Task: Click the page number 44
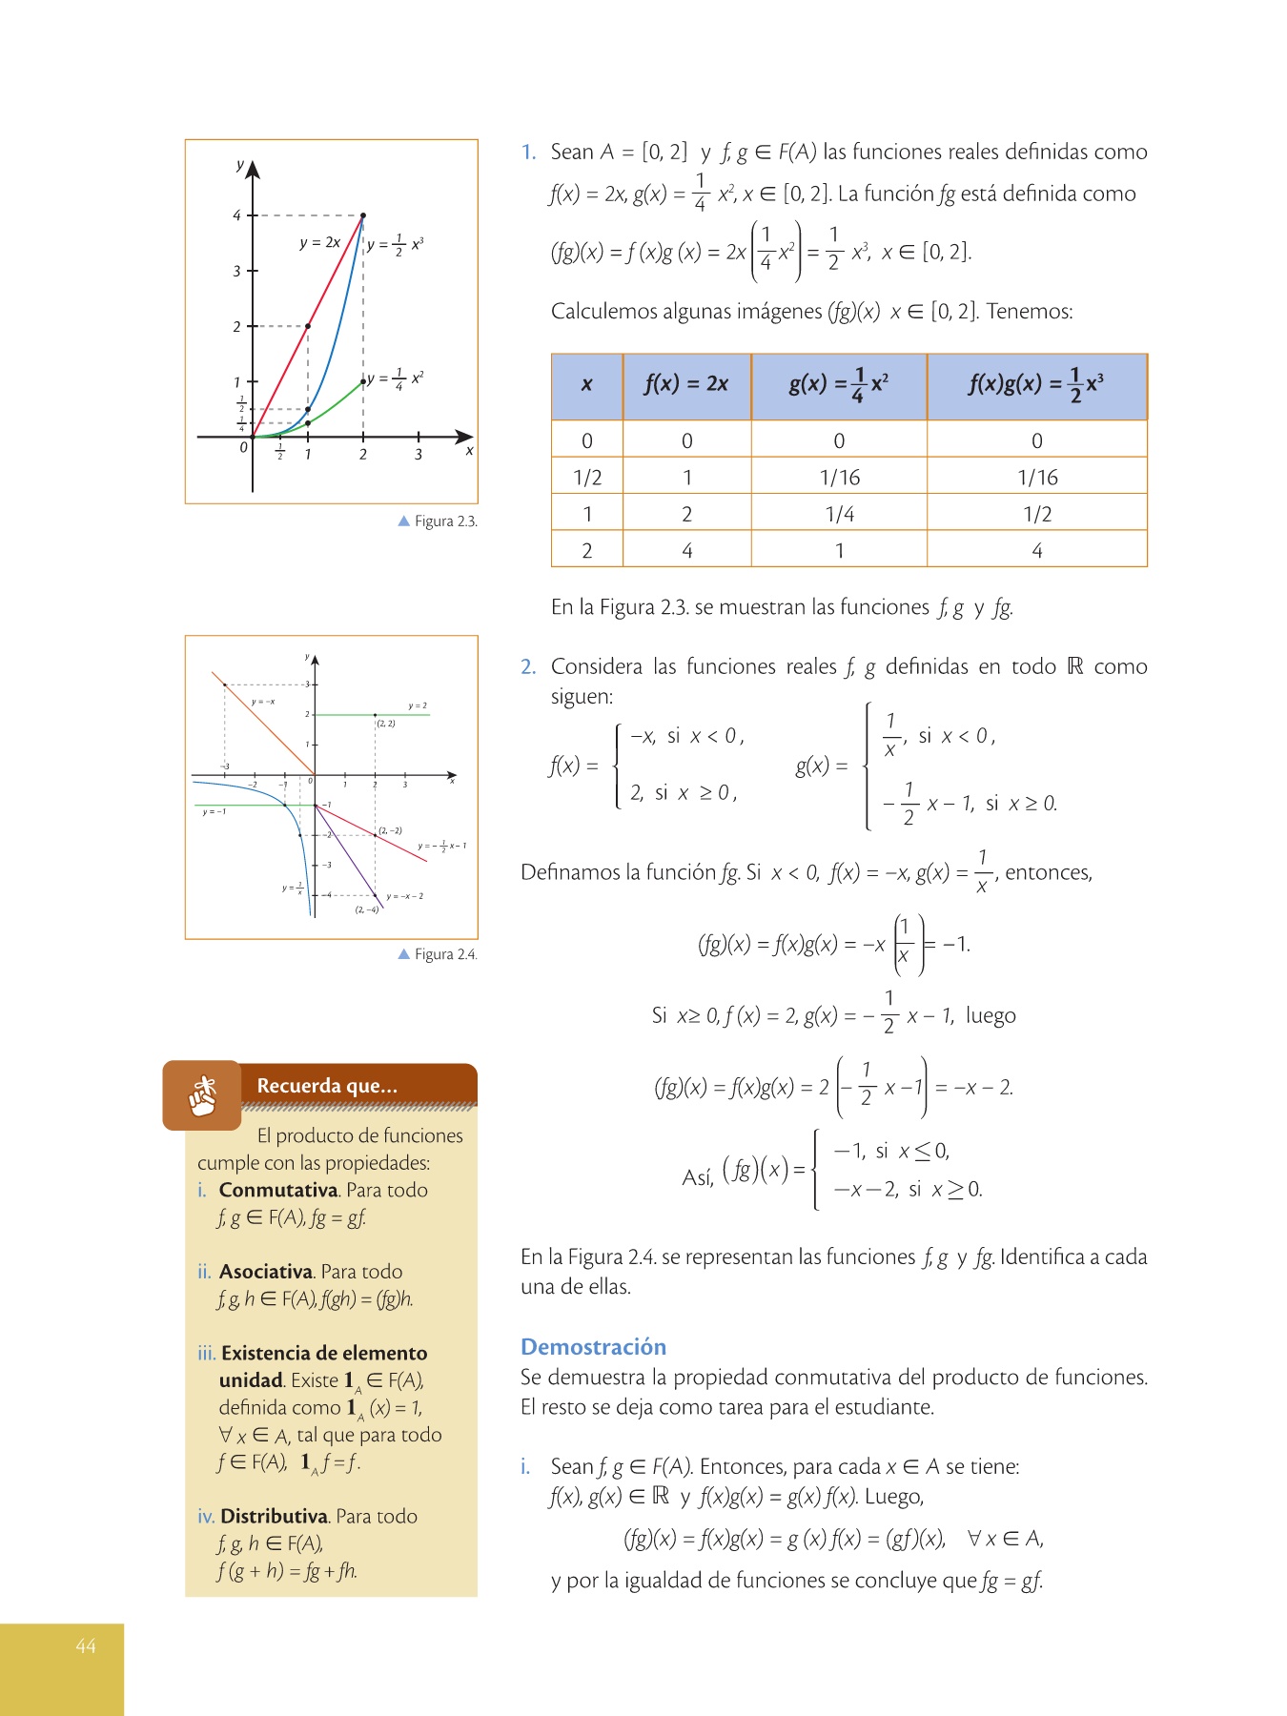(x=86, y=1646)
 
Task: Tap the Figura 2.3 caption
(x=445, y=521)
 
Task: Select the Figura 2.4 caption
(x=445, y=954)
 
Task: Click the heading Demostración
(x=593, y=1347)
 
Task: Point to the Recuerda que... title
(x=327, y=1086)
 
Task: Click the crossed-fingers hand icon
(x=202, y=1095)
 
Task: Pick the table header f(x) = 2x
(x=686, y=384)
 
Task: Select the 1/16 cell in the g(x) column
(x=839, y=478)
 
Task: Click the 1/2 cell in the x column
(x=587, y=478)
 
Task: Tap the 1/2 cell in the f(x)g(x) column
(x=1037, y=515)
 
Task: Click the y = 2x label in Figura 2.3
(x=319, y=243)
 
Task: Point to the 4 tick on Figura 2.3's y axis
(x=237, y=215)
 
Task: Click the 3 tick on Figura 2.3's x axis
(x=419, y=455)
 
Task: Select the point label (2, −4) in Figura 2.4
(x=367, y=909)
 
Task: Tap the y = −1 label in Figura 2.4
(x=214, y=812)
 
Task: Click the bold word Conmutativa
(x=278, y=1191)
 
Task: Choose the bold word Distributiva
(x=275, y=1517)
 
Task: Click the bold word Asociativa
(x=266, y=1272)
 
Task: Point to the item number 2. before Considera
(x=528, y=667)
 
